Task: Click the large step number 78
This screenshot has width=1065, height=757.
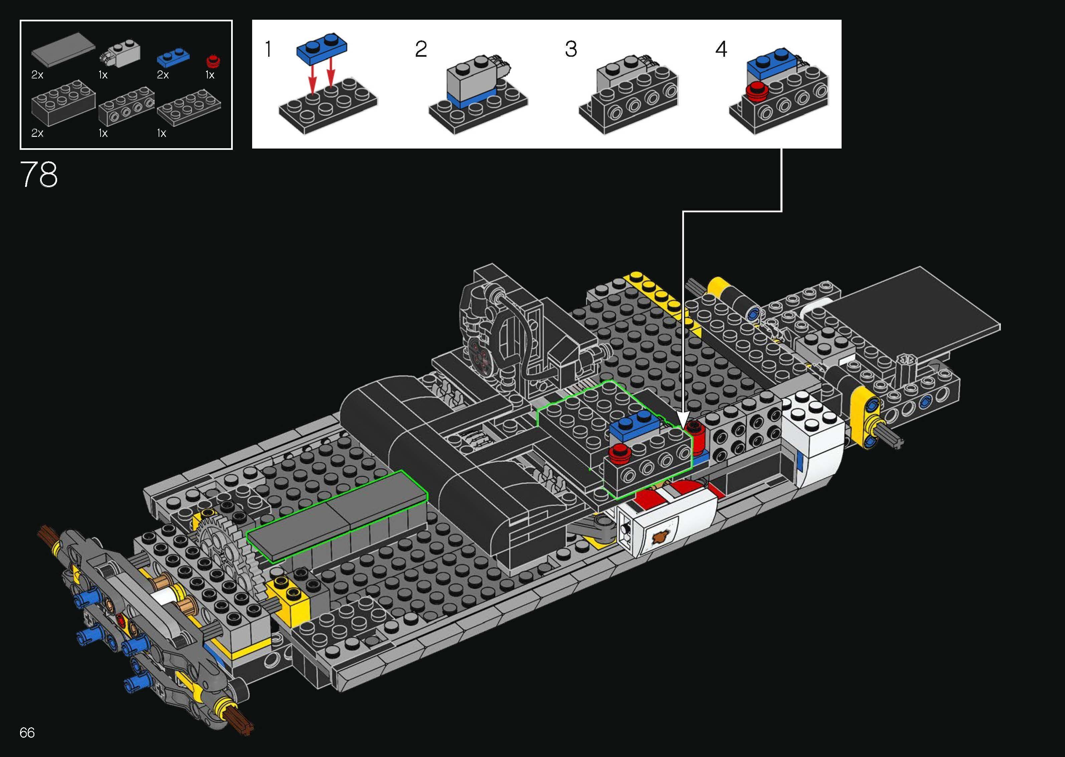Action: point(39,175)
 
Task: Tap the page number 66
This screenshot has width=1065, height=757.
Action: point(27,732)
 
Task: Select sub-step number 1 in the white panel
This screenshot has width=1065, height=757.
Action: point(268,49)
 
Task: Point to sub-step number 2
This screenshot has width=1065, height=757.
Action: point(420,49)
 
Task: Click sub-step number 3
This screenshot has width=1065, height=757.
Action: point(571,49)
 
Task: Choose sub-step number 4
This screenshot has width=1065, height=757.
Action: point(721,49)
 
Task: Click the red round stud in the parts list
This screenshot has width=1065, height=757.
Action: point(213,61)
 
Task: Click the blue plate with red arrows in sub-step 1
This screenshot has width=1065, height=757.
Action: point(322,47)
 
